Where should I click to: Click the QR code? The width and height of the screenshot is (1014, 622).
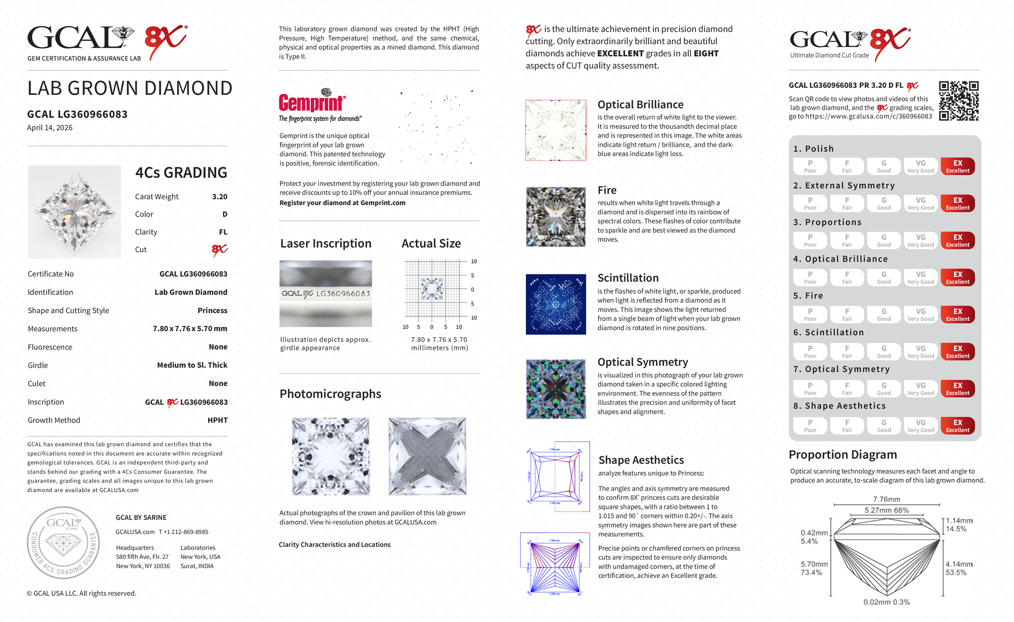tap(959, 101)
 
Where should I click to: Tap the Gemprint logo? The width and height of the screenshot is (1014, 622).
tap(312, 102)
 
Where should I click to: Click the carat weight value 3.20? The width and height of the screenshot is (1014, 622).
tap(219, 197)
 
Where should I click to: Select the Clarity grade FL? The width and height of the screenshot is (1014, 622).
tap(223, 232)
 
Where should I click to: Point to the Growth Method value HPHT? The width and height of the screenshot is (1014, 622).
tap(218, 420)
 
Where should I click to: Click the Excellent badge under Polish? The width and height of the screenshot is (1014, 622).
tap(957, 166)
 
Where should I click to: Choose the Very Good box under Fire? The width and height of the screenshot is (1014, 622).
tap(920, 315)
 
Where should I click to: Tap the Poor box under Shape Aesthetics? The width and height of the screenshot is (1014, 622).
tap(810, 426)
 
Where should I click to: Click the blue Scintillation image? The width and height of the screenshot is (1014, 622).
tap(556, 304)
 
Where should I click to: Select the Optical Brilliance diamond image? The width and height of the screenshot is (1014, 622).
tap(556, 130)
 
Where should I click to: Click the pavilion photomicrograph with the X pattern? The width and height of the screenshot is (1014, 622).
tap(427, 456)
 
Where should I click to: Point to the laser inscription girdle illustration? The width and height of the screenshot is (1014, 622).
tap(325, 293)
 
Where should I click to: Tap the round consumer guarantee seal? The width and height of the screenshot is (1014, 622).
tap(63, 542)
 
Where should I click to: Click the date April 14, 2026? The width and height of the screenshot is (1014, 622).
tap(50, 128)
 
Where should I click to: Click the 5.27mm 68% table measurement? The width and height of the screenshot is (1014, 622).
tap(886, 510)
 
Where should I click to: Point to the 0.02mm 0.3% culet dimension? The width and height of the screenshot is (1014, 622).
tap(886, 602)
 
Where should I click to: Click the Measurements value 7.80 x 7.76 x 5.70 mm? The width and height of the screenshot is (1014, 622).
tap(190, 329)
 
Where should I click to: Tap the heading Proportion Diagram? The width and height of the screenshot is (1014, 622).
tap(843, 455)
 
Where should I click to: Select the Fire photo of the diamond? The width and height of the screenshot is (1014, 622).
tap(556, 217)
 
